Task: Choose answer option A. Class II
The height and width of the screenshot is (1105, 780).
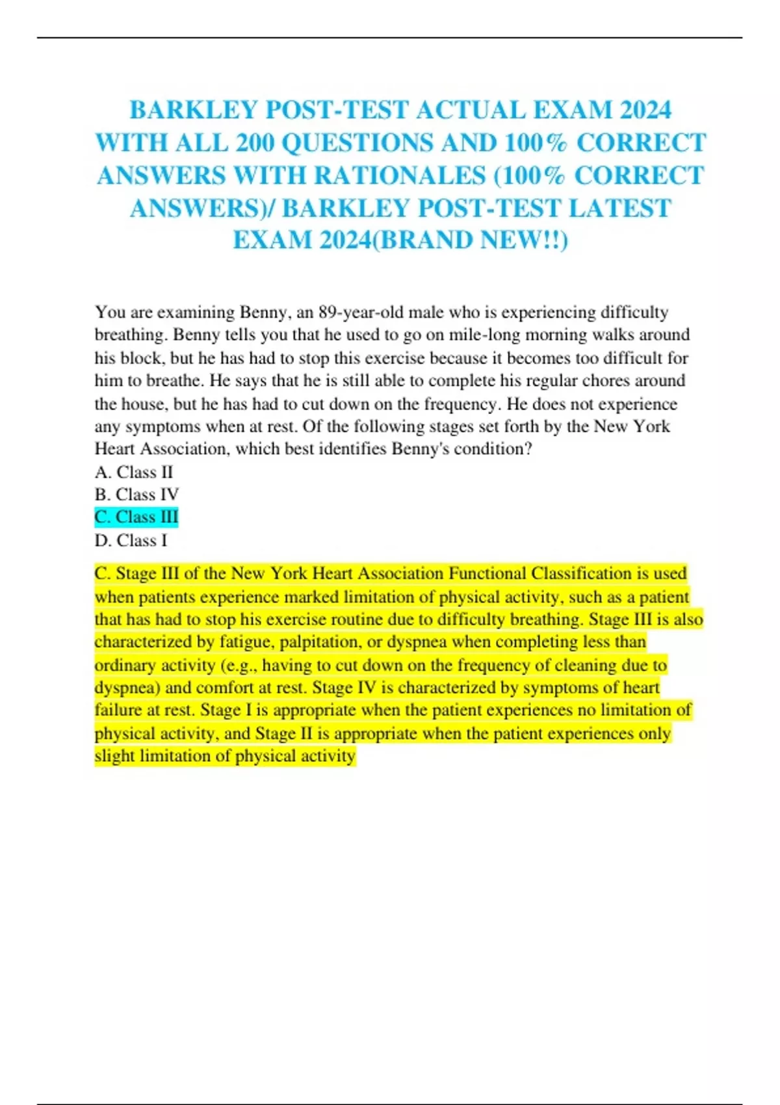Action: click(x=134, y=472)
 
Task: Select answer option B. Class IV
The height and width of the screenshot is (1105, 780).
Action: click(x=136, y=495)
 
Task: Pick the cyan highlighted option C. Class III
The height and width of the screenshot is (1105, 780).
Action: click(x=136, y=517)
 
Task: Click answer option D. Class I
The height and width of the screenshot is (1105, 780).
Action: click(x=131, y=540)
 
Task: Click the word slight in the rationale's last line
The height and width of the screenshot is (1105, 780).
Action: click(x=114, y=756)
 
